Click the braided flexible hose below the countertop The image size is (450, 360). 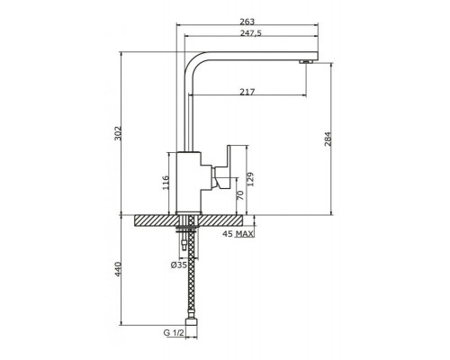190,279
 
